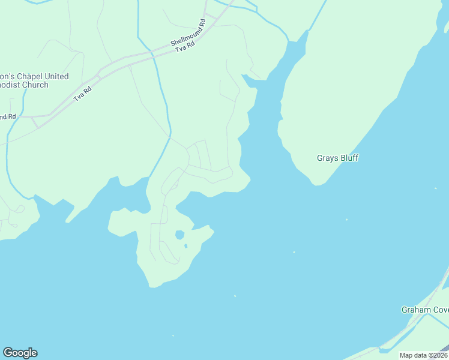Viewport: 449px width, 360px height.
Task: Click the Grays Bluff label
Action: [x=337, y=158]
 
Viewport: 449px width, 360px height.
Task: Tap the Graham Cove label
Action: [x=425, y=310]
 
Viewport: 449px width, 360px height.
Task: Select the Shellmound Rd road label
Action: [x=188, y=33]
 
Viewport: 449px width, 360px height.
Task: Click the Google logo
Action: [x=20, y=353]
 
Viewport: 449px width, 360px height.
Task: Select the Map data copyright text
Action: [x=423, y=355]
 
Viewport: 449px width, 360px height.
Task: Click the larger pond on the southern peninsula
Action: [x=179, y=235]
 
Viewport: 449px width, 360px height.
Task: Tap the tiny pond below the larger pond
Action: [x=185, y=245]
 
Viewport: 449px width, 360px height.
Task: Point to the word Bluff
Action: [x=348, y=158]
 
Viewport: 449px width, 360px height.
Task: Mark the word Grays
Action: [x=327, y=158]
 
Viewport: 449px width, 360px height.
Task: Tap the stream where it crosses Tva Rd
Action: [x=152, y=55]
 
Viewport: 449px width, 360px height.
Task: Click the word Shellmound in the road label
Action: [x=184, y=35]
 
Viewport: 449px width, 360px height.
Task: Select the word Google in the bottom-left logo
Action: [x=20, y=353]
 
